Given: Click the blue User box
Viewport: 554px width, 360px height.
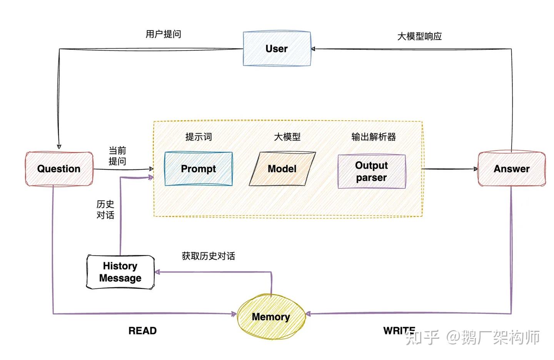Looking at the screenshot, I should pos(277,49).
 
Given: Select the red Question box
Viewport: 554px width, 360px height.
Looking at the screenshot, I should pos(59,169).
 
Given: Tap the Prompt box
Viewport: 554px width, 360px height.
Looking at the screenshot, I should pos(198,169).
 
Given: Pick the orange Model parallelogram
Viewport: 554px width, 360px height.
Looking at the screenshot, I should pos(282,169).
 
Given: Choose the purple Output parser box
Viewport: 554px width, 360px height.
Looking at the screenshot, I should pos(371,171).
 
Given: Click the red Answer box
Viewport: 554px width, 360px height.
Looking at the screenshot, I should pos(511,169).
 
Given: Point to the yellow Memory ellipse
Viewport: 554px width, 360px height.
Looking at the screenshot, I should pos(271,316).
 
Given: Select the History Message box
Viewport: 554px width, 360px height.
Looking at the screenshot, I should pos(120,272).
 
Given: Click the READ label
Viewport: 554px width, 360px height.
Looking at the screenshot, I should pos(142,331).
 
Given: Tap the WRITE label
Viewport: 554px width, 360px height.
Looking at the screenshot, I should pos(399,330).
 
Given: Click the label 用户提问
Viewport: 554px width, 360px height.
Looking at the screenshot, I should pos(163,34).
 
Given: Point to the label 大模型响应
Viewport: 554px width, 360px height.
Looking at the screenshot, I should pos(419,37).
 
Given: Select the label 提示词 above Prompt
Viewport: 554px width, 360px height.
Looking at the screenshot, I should pos(198,137).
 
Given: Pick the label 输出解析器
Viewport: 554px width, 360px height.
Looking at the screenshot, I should pos(373,137).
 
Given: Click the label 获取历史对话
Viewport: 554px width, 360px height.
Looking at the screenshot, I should pos(208,256).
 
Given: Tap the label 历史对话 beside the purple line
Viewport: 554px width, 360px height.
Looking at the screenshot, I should pos(105,209).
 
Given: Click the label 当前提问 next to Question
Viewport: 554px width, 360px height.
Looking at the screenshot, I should pos(117,156).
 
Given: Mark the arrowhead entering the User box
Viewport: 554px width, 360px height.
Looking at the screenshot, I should pos(313,49).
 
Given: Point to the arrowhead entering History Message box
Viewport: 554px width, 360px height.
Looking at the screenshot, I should pos(157,272).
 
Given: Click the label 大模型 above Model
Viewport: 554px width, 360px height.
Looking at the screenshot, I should pos(287,137).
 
